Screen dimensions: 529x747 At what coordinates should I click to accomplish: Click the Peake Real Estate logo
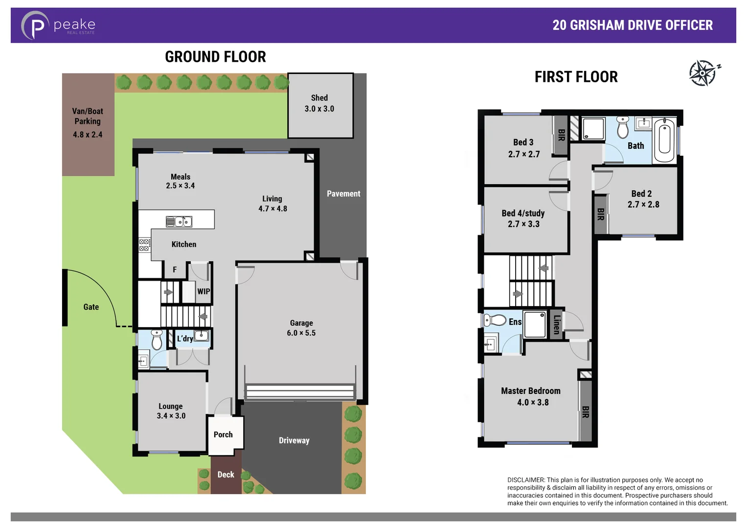(x=58, y=25)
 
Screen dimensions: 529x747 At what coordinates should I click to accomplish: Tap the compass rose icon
(x=703, y=73)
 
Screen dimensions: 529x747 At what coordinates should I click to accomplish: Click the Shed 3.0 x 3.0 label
(x=319, y=103)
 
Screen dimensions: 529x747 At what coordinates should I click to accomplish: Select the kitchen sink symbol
(x=179, y=222)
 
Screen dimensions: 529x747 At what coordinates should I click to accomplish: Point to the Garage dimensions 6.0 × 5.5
(x=301, y=333)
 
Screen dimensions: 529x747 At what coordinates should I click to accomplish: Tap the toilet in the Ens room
(x=495, y=320)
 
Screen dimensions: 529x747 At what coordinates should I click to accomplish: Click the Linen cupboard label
(x=556, y=324)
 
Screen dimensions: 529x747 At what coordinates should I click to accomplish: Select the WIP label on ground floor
(x=204, y=291)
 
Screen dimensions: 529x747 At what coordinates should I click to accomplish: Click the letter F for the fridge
(x=175, y=270)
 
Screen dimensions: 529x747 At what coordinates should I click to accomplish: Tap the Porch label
(x=223, y=434)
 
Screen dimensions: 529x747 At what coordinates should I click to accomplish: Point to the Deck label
(x=226, y=475)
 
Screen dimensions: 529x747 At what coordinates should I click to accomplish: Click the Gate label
(x=91, y=307)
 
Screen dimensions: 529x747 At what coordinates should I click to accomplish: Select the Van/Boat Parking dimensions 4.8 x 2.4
(x=88, y=135)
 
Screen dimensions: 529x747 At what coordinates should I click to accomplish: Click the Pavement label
(x=343, y=194)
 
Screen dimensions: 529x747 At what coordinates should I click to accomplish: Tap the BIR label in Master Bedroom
(x=586, y=412)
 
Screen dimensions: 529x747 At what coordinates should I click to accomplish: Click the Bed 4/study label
(x=523, y=214)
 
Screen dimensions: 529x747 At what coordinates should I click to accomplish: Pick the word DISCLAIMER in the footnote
(x=526, y=480)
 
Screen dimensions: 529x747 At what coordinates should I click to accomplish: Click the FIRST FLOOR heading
(x=576, y=77)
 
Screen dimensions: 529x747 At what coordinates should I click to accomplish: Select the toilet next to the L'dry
(x=157, y=340)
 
